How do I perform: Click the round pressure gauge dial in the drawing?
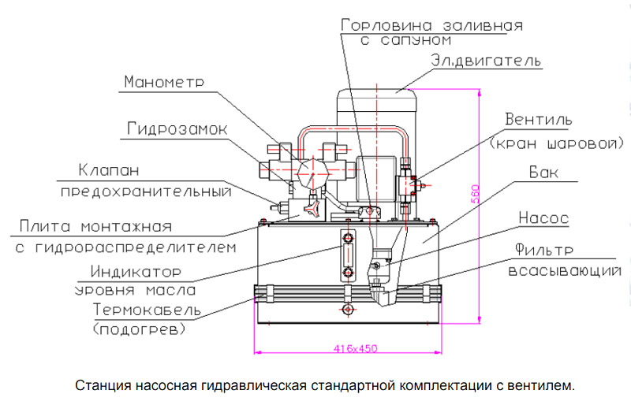tap(308, 168)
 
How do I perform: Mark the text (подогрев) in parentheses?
tap(140, 327)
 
